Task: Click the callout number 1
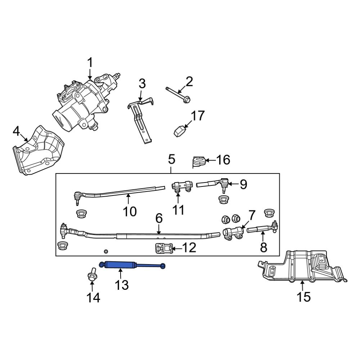[x=90, y=63]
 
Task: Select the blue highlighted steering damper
[x=131, y=265]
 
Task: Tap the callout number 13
[x=122, y=285]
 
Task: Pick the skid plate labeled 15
[x=302, y=268]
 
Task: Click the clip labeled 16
[x=199, y=161]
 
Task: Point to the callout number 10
[x=130, y=211]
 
